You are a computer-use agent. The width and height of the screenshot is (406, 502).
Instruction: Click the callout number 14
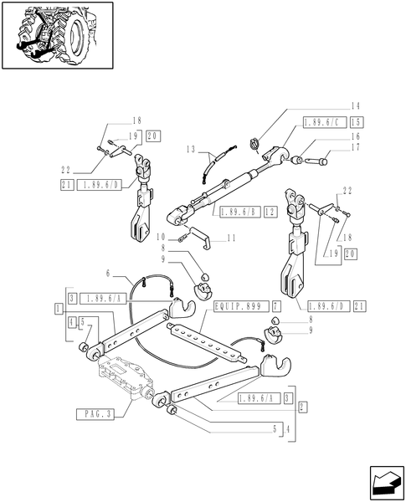[x=356, y=106]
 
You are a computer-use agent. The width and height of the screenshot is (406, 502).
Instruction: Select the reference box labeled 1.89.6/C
[x=325, y=123]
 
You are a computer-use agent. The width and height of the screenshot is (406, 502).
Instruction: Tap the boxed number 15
[x=357, y=123]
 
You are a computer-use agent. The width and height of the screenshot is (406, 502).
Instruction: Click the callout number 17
[x=356, y=147]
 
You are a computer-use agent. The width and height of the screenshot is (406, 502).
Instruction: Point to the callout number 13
[x=191, y=149]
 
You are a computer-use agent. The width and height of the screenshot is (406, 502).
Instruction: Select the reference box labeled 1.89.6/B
[x=240, y=213]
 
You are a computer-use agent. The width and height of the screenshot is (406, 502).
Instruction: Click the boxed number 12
[x=270, y=213]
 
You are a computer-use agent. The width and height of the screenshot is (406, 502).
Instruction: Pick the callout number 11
[x=231, y=238]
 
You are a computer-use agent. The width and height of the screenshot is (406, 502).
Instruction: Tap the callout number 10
[x=161, y=238]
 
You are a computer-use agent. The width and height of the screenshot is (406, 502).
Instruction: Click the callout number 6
[x=108, y=273]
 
